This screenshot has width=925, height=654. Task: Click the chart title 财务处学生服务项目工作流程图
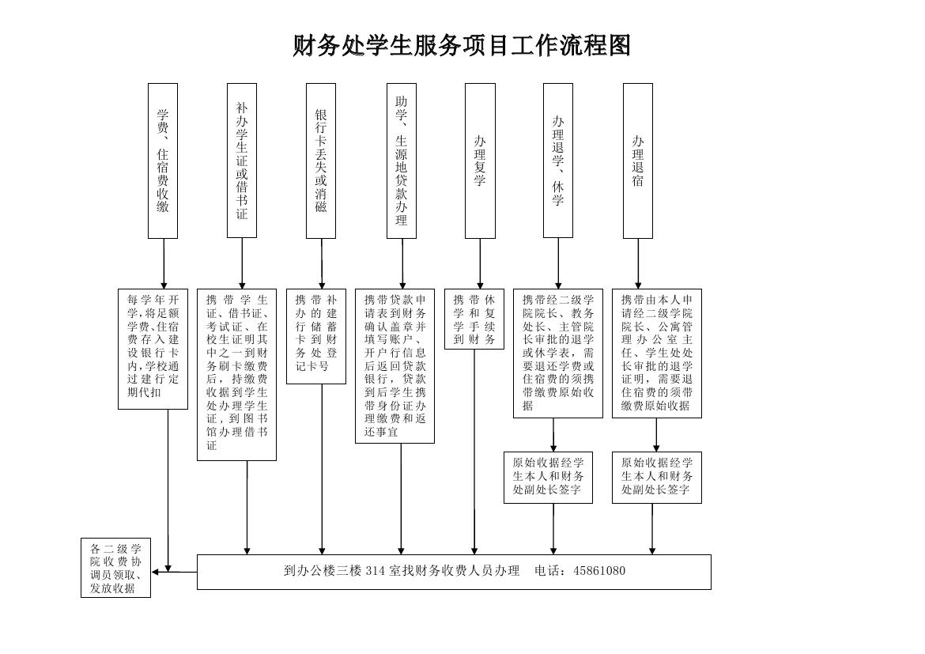click(x=462, y=46)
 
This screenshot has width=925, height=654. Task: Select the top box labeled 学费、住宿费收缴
click(x=163, y=161)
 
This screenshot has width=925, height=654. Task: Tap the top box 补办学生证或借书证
click(x=242, y=161)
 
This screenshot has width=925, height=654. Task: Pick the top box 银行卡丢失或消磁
click(x=321, y=161)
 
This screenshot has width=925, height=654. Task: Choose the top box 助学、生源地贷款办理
click(x=402, y=161)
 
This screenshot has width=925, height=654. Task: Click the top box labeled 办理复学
click(x=480, y=161)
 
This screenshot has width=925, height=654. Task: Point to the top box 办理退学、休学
click(x=558, y=161)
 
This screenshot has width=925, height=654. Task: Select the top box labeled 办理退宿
click(x=638, y=161)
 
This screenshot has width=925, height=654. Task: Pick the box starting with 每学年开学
click(x=153, y=349)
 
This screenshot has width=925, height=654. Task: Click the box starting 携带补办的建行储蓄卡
click(x=316, y=337)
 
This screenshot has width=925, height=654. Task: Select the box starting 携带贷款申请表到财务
click(x=395, y=365)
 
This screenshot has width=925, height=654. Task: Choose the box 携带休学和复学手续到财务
click(x=474, y=319)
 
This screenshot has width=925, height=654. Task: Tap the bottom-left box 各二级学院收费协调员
click(x=115, y=568)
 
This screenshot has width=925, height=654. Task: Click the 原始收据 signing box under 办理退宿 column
click(x=656, y=478)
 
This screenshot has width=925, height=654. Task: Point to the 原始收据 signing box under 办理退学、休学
click(x=548, y=478)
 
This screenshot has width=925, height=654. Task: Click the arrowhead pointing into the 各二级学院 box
click(x=156, y=571)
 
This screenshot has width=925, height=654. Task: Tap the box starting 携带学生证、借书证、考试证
click(x=236, y=374)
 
